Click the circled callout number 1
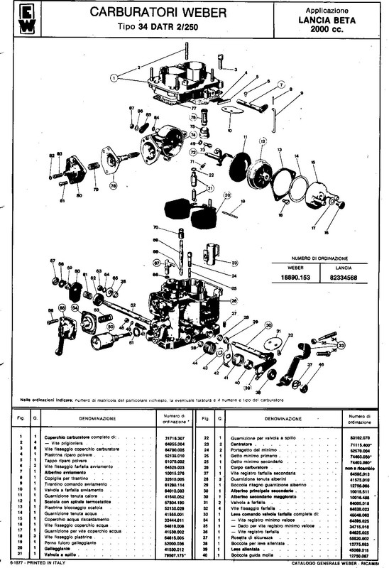tap(113, 75)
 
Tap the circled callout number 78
tap(113, 186)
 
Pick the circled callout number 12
tap(262, 142)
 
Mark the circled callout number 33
tap(341, 346)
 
